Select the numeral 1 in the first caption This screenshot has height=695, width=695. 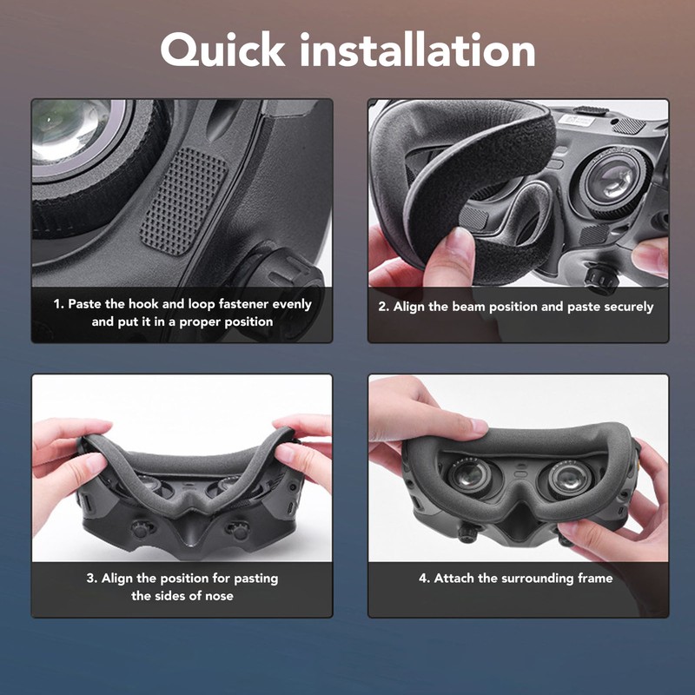(57, 305)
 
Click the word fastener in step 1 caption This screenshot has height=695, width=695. (234, 305)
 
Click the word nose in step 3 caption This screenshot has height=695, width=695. (216, 596)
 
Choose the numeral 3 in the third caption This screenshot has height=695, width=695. (90, 578)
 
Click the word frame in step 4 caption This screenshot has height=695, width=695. (593, 578)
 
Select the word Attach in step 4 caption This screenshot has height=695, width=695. (453, 578)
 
